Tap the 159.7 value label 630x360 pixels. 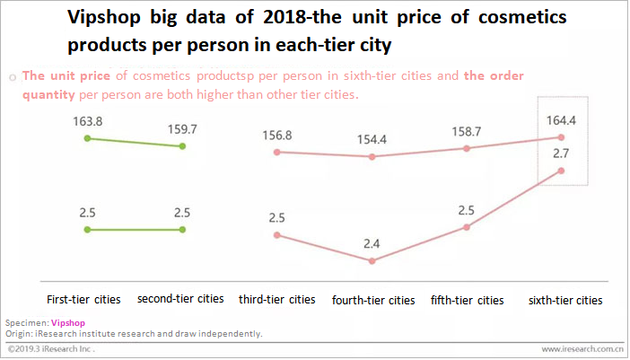click(182, 128)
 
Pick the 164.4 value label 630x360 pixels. click(561, 119)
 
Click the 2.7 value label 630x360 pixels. click(561, 154)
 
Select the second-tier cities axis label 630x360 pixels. click(180, 298)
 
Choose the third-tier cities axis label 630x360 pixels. click(277, 299)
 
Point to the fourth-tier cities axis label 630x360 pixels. click(373, 300)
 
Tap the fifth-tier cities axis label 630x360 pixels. click(467, 299)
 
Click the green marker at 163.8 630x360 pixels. click(87, 138)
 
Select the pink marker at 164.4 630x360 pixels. click(561, 137)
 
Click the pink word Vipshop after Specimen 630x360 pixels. click(66, 320)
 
